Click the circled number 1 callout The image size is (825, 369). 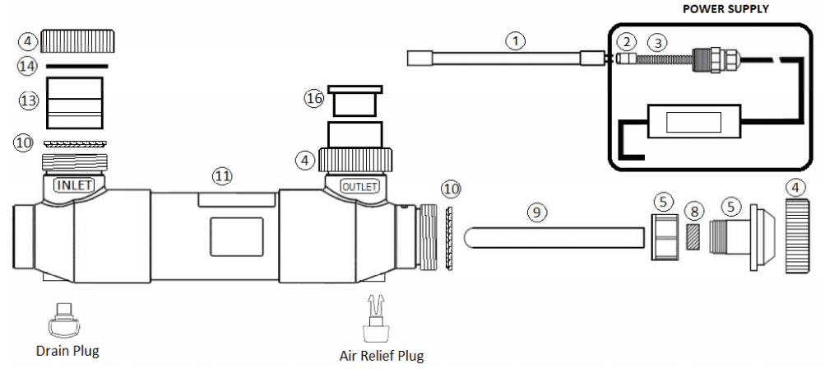(515, 38)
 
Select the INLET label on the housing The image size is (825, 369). (74, 186)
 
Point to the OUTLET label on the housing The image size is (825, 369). (359, 186)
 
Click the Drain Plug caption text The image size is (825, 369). (67, 351)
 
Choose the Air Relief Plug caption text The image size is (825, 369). (381, 356)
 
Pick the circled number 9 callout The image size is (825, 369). (536, 211)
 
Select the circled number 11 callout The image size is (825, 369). (222, 175)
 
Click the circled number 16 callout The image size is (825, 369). (314, 98)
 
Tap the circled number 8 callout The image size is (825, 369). (695, 211)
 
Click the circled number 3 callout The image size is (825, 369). (656, 40)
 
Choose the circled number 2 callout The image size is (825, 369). (627, 40)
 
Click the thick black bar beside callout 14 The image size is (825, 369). (76, 64)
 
